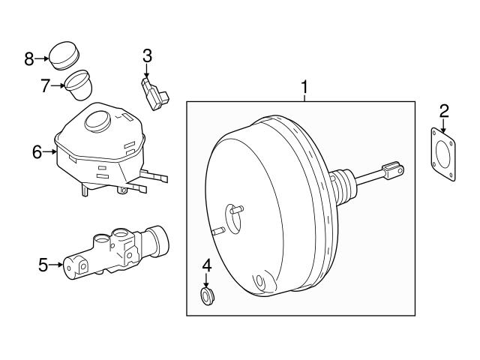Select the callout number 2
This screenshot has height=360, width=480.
pyautogui.click(x=444, y=112)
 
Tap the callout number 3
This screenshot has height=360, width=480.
pyautogui.click(x=147, y=55)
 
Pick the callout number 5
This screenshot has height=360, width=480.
pyautogui.click(x=43, y=263)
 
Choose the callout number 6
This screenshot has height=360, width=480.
pyautogui.click(x=37, y=152)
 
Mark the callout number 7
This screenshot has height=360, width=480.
pyautogui.click(x=46, y=85)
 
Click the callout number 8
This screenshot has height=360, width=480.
pyautogui.click(x=29, y=58)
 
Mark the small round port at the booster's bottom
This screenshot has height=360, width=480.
pyautogui.click(x=259, y=283)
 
